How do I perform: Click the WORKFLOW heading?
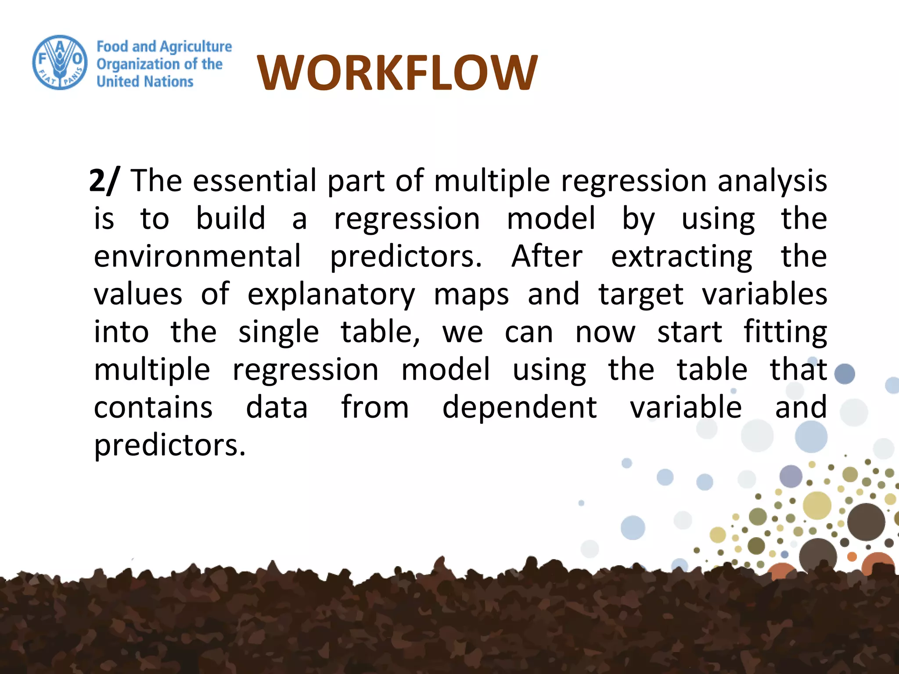[397, 73]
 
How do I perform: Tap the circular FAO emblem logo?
[60, 62]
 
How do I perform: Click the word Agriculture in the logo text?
[196, 47]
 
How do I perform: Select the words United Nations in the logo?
[145, 82]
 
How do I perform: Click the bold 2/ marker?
[103, 180]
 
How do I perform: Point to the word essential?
[255, 180]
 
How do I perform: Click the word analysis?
[772, 181]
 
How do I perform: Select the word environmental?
[198, 256]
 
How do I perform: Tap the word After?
[547, 256]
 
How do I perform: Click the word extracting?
[681, 257]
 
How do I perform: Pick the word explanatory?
[331, 295]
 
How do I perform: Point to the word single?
[279, 333]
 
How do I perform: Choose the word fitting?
[785, 333]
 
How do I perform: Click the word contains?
[153, 408]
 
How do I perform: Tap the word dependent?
[519, 408]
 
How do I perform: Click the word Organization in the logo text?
[137, 65]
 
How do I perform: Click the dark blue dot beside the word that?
[845, 374]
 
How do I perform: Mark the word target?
[641, 295]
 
